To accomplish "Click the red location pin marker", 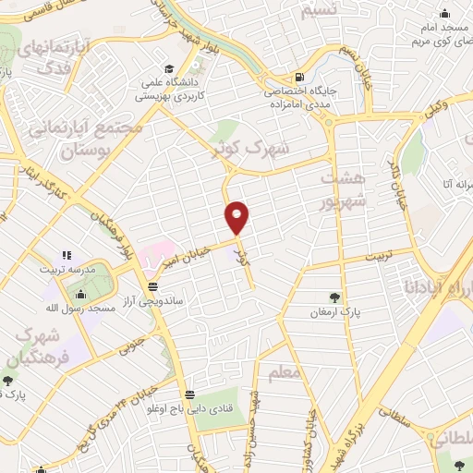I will pyautogui.click(x=237, y=216).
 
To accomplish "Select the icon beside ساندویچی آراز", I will pyautogui.click(x=152, y=287).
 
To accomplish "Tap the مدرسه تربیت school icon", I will pyautogui.click(x=66, y=255).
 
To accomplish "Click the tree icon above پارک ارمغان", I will pyautogui.click(x=333, y=297).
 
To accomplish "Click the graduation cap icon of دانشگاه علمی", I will pyautogui.click(x=170, y=68).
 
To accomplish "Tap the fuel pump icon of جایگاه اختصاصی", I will pyautogui.click(x=297, y=78).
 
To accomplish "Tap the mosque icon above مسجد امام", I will pyautogui.click(x=444, y=13).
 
